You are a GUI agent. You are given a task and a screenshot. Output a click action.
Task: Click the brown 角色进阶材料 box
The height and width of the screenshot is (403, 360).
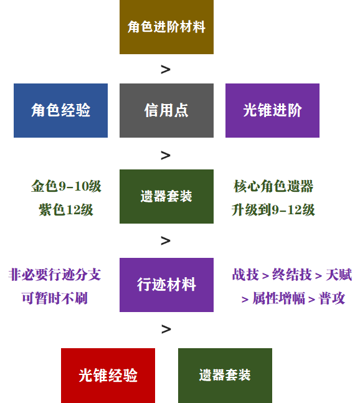point(166,27)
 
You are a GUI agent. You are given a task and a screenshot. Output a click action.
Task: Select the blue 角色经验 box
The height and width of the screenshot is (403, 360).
point(60,110)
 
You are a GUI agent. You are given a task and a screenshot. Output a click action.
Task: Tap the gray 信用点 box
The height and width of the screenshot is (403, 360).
point(166,110)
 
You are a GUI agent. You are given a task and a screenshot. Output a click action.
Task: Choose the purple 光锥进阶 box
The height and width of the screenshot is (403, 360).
point(272,110)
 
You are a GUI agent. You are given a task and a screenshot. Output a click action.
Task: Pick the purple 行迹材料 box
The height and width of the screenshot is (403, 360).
point(166,285)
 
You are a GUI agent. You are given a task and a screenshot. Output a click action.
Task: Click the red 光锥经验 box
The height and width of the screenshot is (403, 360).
point(108,376)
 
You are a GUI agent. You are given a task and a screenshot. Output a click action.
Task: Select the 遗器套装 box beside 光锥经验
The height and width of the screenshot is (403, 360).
point(225,376)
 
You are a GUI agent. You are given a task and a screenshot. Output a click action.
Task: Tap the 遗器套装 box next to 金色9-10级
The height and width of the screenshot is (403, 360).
point(166,196)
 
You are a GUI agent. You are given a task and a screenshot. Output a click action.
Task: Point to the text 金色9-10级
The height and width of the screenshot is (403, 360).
point(66,186)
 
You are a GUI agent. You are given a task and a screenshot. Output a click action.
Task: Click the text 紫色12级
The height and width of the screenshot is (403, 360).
point(66,210)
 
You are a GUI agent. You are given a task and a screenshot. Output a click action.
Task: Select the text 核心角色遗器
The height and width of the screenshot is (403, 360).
point(273,186)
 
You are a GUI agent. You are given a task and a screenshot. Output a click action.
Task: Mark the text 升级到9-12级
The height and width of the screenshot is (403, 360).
point(273,210)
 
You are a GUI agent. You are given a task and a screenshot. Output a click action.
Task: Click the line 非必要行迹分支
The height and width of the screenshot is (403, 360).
point(54,275)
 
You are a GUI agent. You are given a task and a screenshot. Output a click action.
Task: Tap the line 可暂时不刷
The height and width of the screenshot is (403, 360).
point(54,298)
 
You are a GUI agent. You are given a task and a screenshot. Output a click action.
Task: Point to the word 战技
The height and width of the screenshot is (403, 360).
point(245,275)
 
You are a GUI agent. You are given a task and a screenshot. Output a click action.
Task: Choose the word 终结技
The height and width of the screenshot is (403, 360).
point(292,275)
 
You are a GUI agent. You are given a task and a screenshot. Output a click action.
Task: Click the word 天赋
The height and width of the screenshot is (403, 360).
point(339,275)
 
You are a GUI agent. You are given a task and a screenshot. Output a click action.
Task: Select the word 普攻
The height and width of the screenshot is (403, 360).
point(332,298)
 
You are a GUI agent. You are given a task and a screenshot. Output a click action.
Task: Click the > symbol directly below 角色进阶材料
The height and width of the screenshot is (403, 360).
point(166,70)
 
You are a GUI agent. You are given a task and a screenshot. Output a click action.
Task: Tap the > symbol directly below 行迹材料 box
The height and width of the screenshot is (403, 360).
point(166,330)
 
